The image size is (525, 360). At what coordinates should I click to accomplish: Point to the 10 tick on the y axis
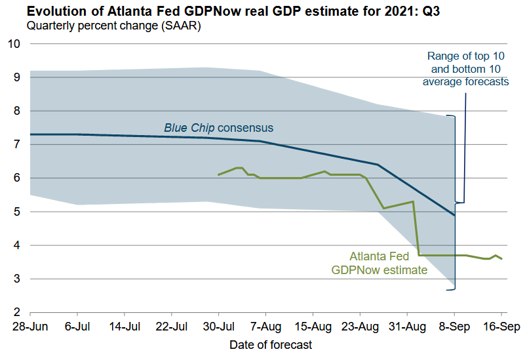click(x=14, y=44)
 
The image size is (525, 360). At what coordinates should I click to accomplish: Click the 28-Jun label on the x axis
click(x=30, y=327)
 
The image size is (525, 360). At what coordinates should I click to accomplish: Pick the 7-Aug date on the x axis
click(x=266, y=327)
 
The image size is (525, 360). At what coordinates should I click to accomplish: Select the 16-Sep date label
click(x=501, y=327)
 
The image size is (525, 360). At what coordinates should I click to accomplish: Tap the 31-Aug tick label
click(x=407, y=327)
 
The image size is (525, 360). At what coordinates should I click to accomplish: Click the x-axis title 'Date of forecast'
click(x=271, y=344)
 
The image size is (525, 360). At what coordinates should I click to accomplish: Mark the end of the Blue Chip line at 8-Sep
click(x=454, y=214)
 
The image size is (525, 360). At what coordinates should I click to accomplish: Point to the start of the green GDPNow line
click(x=218, y=175)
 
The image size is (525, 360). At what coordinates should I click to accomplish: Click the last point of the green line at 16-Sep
click(x=501, y=259)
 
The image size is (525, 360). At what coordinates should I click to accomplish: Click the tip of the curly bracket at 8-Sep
click(x=465, y=202)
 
